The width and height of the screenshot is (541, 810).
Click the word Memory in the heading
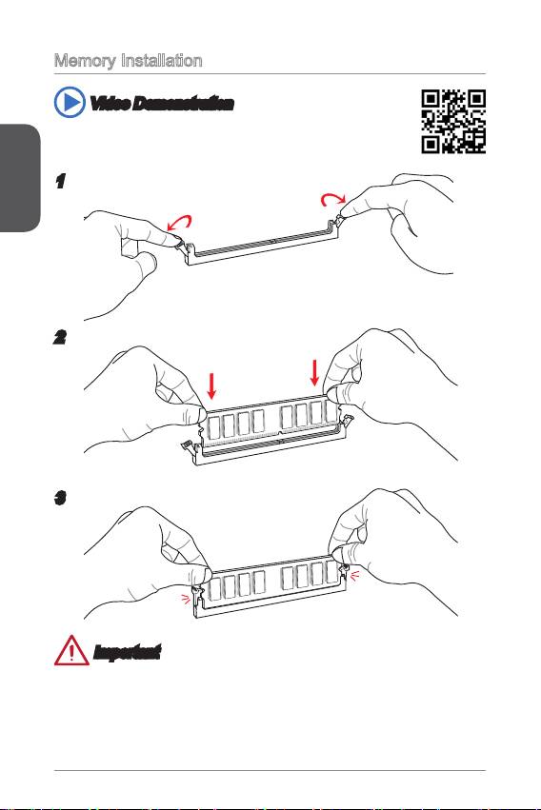coord(85,61)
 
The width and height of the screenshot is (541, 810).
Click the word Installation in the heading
coord(161,60)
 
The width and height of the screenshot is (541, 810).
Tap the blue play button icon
coord(70,102)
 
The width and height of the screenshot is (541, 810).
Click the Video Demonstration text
coord(162,104)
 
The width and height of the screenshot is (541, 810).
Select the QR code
coord(453,122)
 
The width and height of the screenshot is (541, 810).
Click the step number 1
coord(60,181)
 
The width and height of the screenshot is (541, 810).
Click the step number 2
coord(60,337)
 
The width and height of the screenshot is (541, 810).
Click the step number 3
coord(60,498)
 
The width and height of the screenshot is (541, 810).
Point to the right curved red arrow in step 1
coord(333,197)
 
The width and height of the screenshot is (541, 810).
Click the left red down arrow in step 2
coord(211,385)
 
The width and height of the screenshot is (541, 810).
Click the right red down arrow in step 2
coord(314,372)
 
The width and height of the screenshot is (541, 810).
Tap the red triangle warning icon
coord(71,650)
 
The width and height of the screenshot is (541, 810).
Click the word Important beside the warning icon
coord(127,652)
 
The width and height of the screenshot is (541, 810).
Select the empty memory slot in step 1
coord(263,243)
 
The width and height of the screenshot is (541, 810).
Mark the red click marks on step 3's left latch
coord(185,598)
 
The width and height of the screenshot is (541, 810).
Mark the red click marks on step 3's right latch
coord(355,576)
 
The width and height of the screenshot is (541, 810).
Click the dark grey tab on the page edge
coord(20,178)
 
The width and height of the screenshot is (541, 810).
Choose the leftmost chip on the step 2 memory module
coord(213,427)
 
